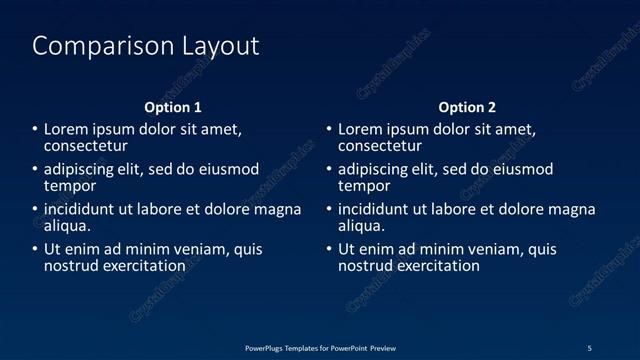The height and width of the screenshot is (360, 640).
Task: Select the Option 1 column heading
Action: (173, 107)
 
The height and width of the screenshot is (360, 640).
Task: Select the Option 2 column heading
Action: (467, 107)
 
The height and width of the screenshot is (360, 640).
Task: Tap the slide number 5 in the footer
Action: (589, 348)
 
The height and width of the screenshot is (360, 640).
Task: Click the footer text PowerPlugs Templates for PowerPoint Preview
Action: (320, 348)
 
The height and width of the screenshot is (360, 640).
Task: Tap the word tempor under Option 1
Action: (70, 186)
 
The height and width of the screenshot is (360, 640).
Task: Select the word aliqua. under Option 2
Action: (362, 226)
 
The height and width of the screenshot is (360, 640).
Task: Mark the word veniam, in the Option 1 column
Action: (182, 250)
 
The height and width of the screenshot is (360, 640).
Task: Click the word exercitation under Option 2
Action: (437, 266)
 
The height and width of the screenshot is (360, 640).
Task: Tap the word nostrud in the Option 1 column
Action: (71, 266)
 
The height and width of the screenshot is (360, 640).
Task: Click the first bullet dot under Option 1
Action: (34, 130)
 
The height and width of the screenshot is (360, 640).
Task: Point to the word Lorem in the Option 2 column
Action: (360, 130)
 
